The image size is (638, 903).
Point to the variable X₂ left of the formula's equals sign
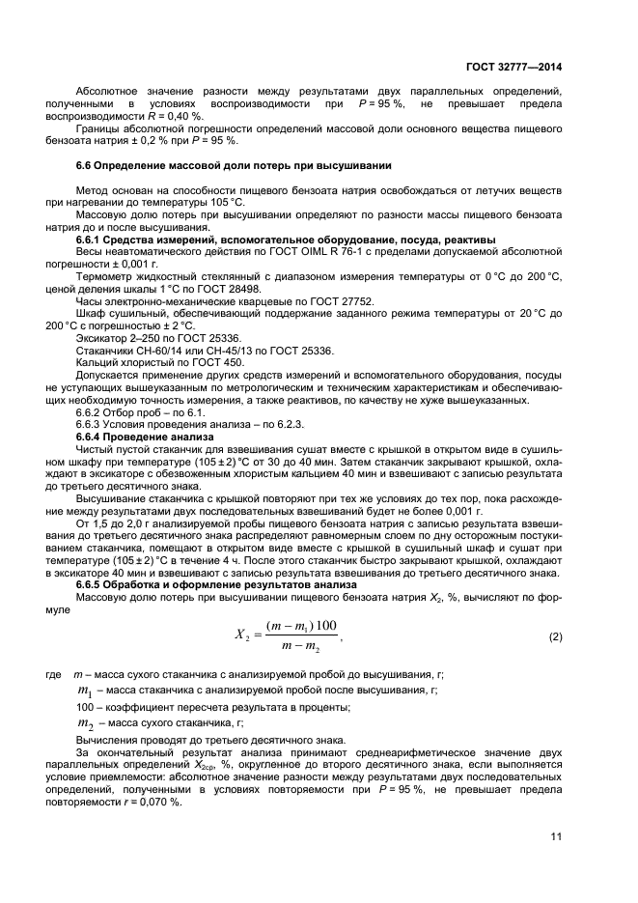(241, 637)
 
